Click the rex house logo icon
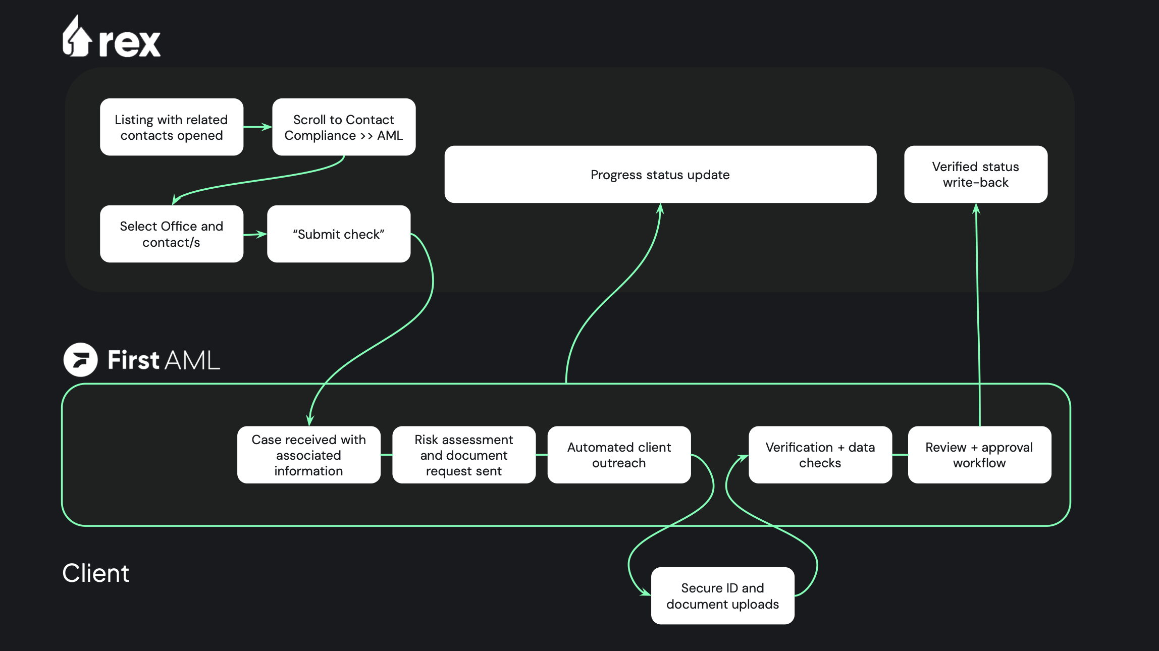77,36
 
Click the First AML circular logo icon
81,360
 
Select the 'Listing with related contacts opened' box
172,127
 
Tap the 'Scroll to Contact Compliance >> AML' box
344,127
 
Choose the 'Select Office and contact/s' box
172,234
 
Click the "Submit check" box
339,234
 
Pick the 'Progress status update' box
660,175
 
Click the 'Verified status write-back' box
976,175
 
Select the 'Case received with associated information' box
309,455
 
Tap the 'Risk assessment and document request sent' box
464,455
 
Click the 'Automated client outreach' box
619,455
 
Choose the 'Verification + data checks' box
820,455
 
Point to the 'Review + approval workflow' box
979,455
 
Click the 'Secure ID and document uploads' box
723,596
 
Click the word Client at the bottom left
95,573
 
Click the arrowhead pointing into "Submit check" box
261,234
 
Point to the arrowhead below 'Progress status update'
660,208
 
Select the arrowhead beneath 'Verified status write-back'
976,208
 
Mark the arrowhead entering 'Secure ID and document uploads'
646,592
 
